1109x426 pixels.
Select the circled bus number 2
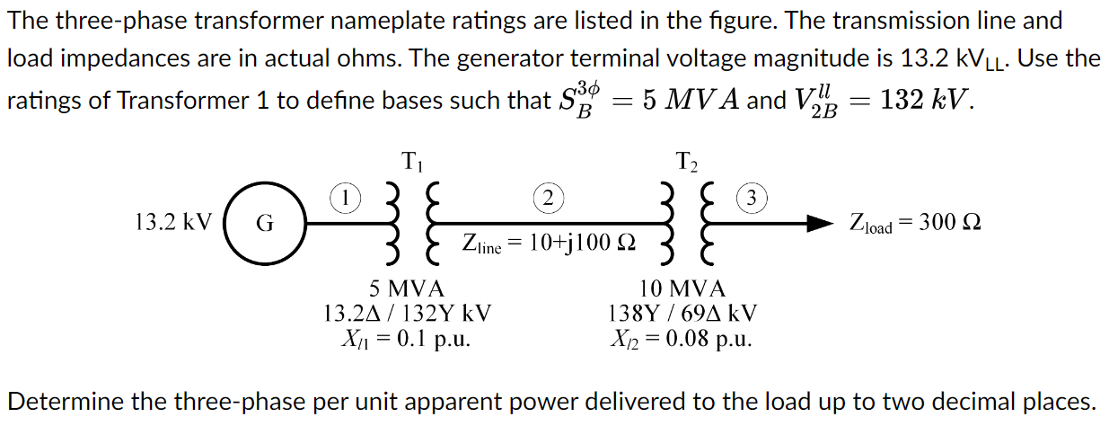547,197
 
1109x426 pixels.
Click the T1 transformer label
413,163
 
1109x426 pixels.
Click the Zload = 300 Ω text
915,223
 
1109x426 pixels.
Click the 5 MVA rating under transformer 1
407,289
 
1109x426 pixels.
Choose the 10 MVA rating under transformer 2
682,289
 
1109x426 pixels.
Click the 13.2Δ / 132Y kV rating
407,314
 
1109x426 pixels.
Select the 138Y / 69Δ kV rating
682,314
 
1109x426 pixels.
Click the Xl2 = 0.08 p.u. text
682,339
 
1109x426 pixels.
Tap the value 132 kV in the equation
925,99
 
